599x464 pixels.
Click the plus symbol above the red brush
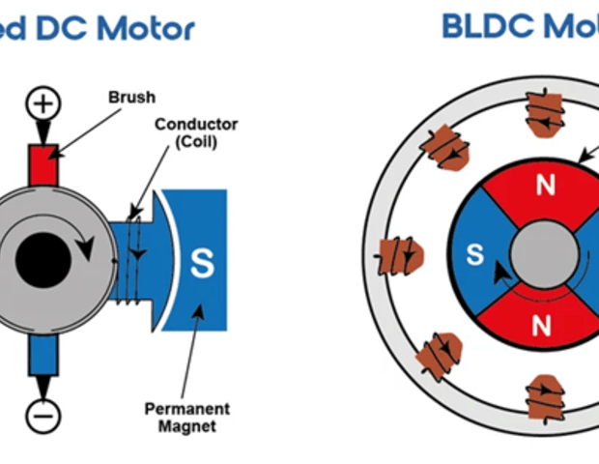[x=43, y=103]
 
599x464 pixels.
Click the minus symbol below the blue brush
[x=43, y=415]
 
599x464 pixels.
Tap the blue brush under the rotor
[x=43, y=352]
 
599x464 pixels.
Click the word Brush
[x=131, y=97]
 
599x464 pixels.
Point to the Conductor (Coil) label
[x=195, y=132]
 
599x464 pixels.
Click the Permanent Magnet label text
[x=186, y=417]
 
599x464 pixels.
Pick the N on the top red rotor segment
[x=546, y=186]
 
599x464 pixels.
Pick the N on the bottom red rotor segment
[x=542, y=326]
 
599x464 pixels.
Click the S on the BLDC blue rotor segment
[x=474, y=254]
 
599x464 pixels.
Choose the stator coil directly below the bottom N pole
[x=543, y=397]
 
